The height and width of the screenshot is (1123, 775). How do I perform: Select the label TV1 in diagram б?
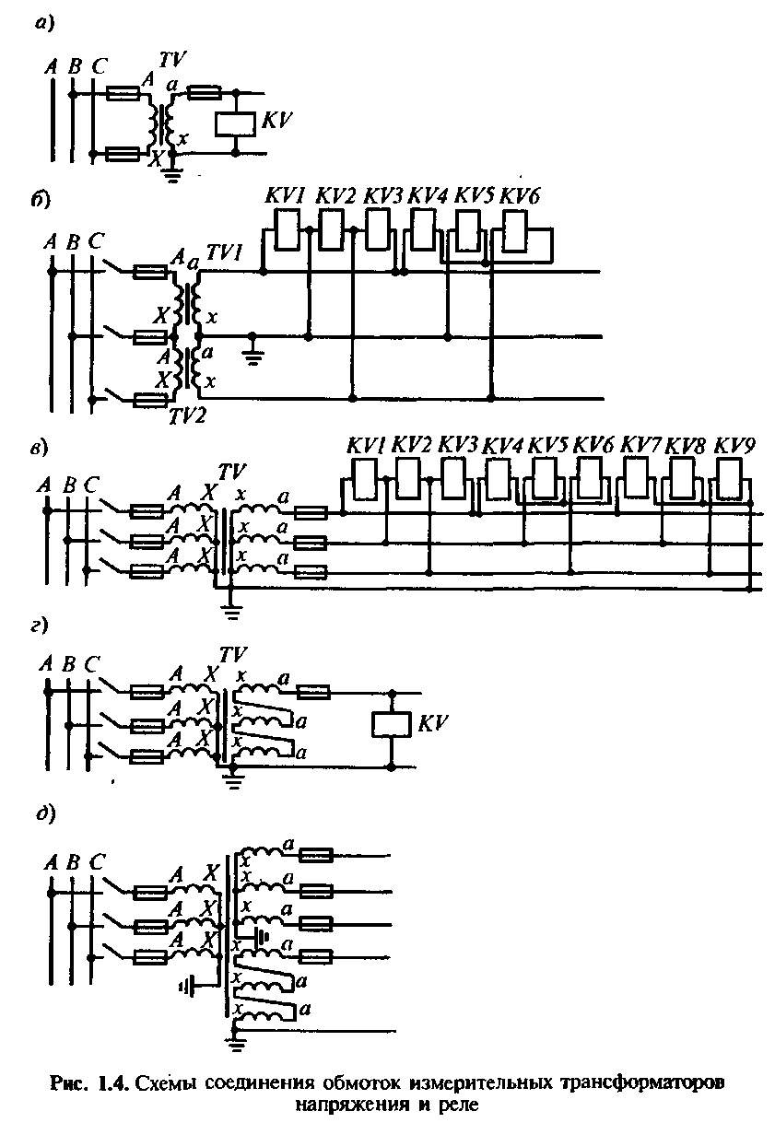click(224, 262)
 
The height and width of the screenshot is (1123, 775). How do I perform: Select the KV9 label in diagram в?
click(735, 446)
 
